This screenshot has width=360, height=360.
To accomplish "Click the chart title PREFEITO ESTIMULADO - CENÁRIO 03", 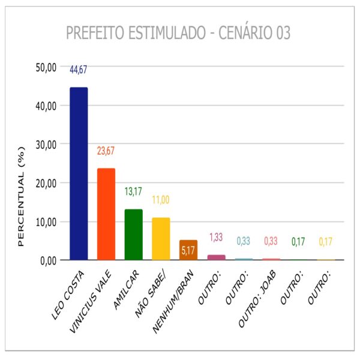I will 178,33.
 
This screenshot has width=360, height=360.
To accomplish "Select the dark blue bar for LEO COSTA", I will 79,174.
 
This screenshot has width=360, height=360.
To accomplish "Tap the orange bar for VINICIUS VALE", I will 106,214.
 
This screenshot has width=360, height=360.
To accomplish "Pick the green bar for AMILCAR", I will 133,235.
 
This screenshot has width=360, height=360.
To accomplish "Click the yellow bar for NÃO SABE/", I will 161,239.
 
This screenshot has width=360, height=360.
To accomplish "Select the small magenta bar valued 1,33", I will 216,257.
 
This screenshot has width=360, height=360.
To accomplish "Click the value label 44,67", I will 79,70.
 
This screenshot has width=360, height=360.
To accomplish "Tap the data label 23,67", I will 106,151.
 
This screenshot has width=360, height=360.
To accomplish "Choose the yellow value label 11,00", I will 161,200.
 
